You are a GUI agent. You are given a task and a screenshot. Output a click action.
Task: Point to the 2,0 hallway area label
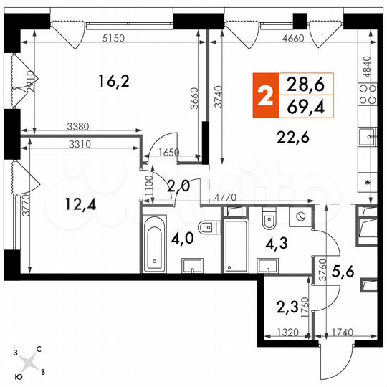point(178,186)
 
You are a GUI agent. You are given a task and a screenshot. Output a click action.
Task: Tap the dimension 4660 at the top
point(296,38)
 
